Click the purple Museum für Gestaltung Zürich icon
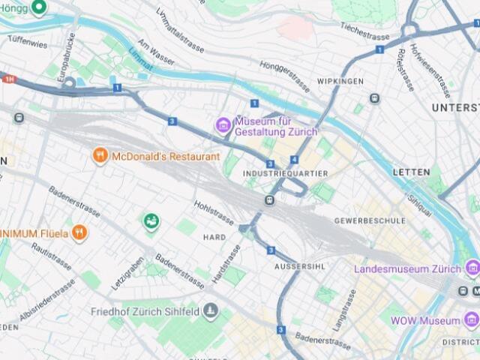pos(223,125)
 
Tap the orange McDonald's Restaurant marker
pos(100,156)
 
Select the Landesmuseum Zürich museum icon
pos(472,268)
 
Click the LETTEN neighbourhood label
pos(412,172)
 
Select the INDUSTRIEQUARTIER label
pos(286,173)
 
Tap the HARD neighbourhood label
pos(214,237)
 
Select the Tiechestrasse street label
pos(365,34)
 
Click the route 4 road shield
pos(295,160)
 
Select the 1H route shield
pos(8,79)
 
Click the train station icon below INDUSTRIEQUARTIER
pos(269,200)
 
